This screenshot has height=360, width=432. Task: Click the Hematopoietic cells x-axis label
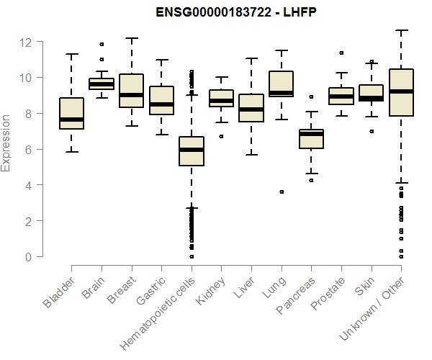click(153, 316)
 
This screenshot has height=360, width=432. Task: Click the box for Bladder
click(72, 113)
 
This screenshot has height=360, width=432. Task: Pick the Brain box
click(102, 84)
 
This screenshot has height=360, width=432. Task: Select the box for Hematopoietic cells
click(192, 150)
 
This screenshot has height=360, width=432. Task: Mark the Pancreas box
click(311, 138)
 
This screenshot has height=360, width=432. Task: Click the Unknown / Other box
click(400, 92)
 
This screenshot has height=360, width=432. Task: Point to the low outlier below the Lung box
click(282, 192)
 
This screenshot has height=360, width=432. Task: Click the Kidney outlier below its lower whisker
click(221, 136)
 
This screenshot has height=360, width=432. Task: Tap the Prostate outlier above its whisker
click(341, 53)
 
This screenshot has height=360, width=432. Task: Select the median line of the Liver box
click(251, 109)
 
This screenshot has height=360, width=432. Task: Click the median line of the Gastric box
click(161, 104)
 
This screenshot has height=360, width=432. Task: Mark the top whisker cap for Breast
click(132, 38)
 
